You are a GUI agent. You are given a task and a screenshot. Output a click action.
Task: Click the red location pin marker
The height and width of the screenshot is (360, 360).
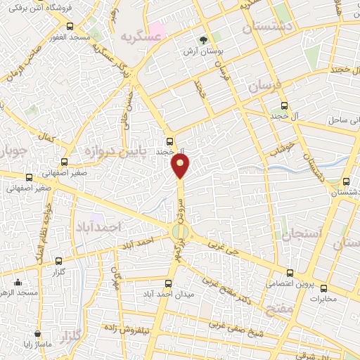[181, 166]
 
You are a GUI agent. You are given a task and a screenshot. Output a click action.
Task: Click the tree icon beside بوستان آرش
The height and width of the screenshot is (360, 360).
[203, 39]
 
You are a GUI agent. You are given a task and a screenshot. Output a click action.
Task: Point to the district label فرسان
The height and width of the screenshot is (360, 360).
[265, 88]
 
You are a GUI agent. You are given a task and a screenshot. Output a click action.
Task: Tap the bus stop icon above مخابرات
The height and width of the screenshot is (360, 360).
[324, 288]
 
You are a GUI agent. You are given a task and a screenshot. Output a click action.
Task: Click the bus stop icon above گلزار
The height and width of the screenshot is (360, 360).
[58, 259]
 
